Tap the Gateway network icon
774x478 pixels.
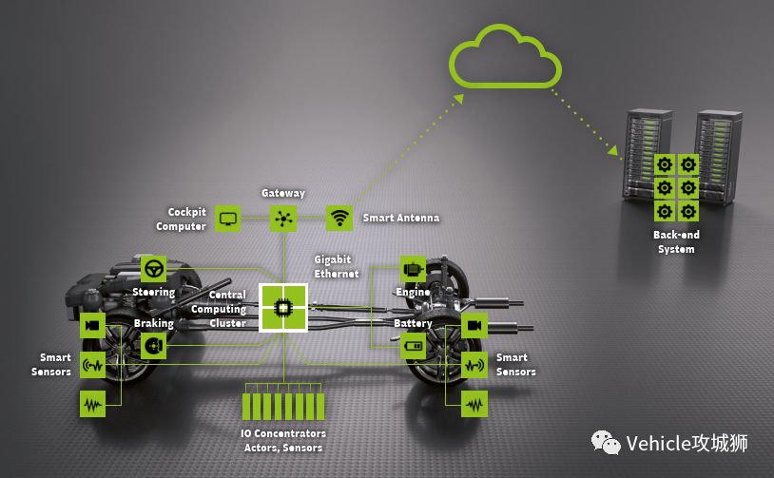[x=283, y=218]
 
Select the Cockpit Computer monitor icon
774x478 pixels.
[x=227, y=219]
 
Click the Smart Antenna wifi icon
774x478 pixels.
[x=339, y=218]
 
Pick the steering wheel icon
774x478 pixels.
[x=153, y=269]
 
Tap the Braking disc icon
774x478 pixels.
[x=153, y=346]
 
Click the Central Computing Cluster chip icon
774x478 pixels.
[x=283, y=308]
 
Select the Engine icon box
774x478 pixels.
[x=413, y=269]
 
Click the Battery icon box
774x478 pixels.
[x=413, y=346]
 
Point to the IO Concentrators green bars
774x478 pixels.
[x=283, y=407]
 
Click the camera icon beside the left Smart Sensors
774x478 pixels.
[x=92, y=326]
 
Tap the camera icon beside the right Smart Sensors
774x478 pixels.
[x=474, y=326]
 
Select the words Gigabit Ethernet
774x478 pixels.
[x=337, y=266]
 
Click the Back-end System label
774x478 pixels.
[x=676, y=241]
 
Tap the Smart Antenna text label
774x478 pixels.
[x=401, y=218]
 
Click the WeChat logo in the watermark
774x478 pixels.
[x=606, y=443]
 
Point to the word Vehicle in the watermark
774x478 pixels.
[x=657, y=443]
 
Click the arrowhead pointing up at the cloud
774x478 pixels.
[x=458, y=99]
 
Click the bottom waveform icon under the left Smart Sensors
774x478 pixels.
[x=92, y=404]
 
